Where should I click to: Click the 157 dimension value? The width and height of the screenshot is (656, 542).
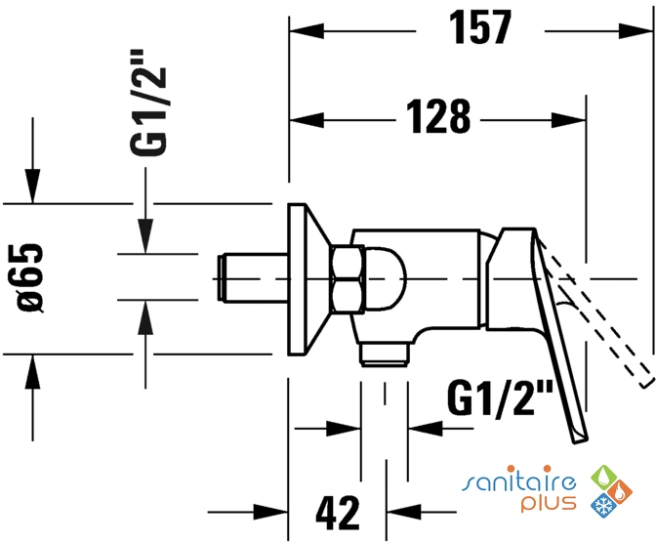pyautogui.click(x=480, y=27)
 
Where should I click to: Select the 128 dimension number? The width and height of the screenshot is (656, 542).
pyautogui.click(x=438, y=117)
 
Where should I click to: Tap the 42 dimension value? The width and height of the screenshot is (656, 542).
pyautogui.click(x=338, y=513)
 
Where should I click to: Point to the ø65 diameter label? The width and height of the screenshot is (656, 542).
pyautogui.click(x=30, y=277)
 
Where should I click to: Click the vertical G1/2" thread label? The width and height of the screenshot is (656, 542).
pyautogui.click(x=148, y=103)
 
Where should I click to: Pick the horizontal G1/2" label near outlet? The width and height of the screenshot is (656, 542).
pyautogui.click(x=500, y=397)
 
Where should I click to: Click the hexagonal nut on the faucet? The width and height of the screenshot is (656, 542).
pyautogui.click(x=348, y=279)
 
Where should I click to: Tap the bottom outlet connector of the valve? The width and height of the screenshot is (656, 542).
pyautogui.click(x=385, y=354)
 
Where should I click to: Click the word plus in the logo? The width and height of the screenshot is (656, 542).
pyautogui.click(x=549, y=503)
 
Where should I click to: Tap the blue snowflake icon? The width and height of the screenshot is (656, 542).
pyautogui.click(x=603, y=505)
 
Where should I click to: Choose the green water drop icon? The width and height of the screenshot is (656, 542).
pyautogui.click(x=603, y=478)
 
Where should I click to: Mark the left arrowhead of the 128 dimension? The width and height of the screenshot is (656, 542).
pyautogui.click(x=307, y=120)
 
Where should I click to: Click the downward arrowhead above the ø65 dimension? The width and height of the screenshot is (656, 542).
pyautogui.click(x=32, y=186)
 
